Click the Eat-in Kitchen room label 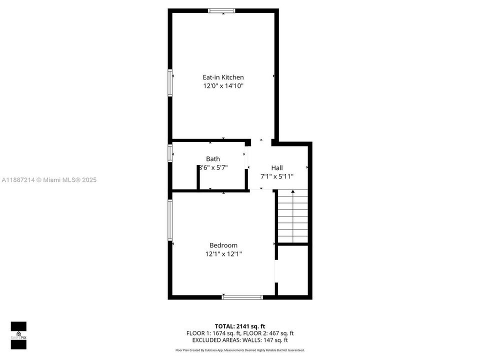223,77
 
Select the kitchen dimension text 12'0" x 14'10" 223,86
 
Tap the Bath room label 213,159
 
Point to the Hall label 277,167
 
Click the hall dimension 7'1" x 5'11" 277,176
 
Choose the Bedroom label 223,245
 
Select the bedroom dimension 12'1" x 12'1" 223,254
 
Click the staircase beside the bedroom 292,216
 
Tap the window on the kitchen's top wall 222,10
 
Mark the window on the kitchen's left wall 170,82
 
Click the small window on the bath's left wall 170,153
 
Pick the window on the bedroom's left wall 170,220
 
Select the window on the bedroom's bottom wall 242,297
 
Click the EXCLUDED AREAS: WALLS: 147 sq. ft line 239,340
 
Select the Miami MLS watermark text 49,180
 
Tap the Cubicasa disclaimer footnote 239,350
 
